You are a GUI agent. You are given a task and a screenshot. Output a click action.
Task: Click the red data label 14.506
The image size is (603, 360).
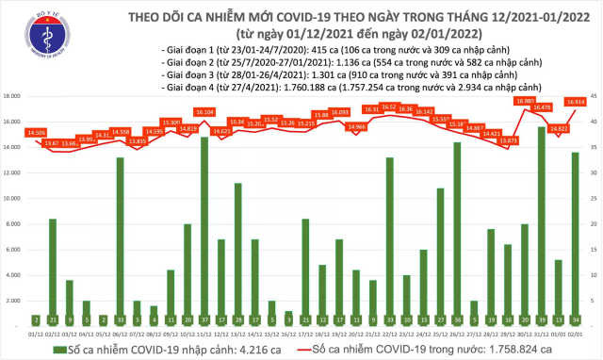[x=37, y=132]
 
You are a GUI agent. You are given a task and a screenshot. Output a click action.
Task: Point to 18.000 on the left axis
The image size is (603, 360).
[x=13, y=96]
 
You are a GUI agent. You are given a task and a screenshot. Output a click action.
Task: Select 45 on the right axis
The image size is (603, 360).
[x=594, y=96]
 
